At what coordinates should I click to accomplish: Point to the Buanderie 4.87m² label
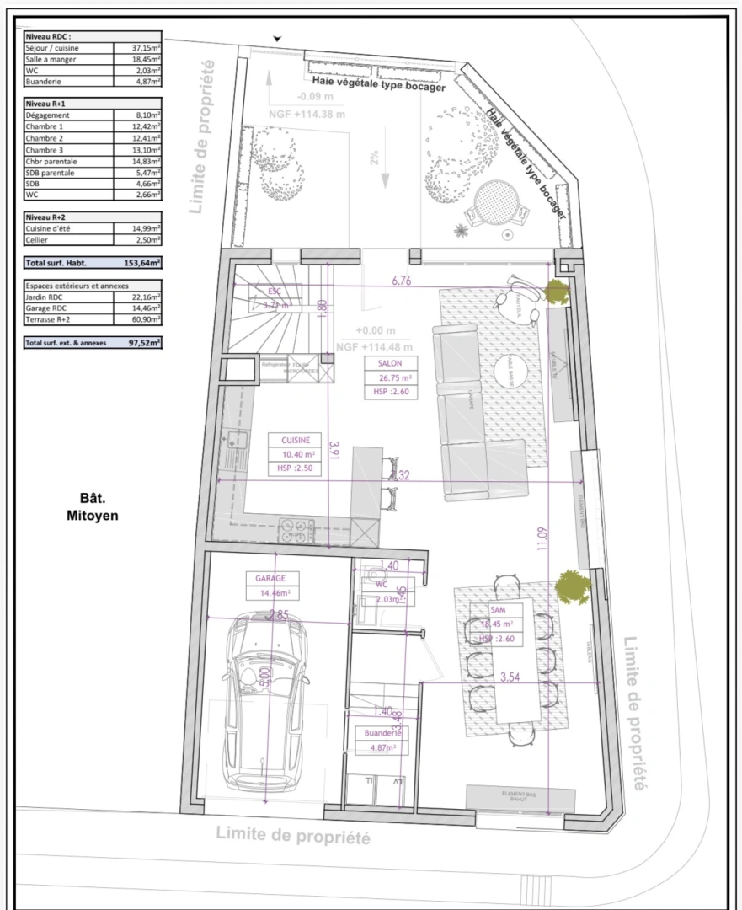click(x=381, y=739)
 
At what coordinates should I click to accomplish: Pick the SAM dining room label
click(x=496, y=624)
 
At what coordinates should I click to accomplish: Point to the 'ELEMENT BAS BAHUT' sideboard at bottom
click(x=521, y=797)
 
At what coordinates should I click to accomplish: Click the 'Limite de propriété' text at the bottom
click(x=294, y=838)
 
